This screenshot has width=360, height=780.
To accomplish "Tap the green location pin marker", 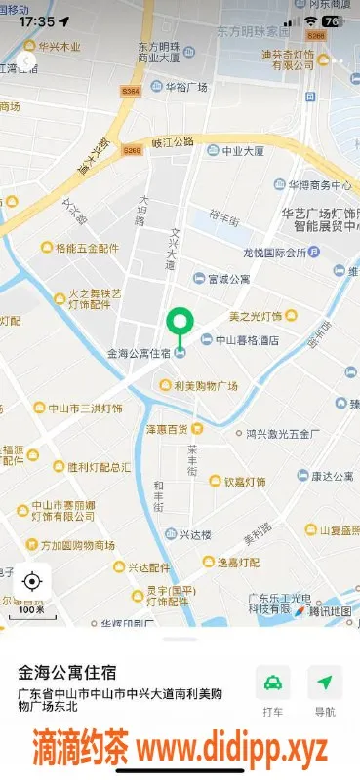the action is click(x=179, y=324).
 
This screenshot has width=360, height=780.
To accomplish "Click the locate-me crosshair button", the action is click(x=31, y=582).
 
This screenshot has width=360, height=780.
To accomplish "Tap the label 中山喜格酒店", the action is click(x=246, y=340).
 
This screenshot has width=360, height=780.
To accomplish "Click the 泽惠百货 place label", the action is click(x=165, y=429).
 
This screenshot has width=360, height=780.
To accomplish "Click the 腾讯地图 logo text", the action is click(x=330, y=611).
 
